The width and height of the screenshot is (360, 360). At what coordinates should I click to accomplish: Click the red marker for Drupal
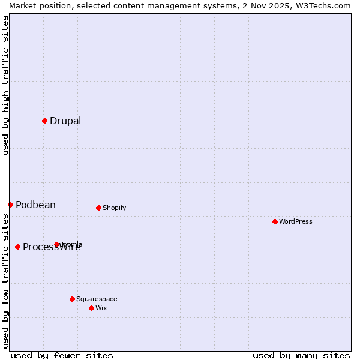point(44,121)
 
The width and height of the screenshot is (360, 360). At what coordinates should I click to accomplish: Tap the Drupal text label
point(65,121)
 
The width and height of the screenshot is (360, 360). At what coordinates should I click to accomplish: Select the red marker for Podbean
point(10,205)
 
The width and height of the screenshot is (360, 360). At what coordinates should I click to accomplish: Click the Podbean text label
point(35,205)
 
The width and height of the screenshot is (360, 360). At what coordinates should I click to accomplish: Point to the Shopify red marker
point(98,208)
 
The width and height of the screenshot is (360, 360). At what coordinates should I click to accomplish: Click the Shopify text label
point(114,208)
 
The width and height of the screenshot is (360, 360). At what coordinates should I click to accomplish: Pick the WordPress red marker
point(275,221)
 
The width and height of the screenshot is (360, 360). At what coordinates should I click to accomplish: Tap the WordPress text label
point(295,222)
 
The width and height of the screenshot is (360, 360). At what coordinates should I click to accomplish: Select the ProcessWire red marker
point(17,247)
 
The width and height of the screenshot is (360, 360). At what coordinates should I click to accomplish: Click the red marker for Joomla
point(57,244)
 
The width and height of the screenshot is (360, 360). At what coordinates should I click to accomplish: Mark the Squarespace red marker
point(72,299)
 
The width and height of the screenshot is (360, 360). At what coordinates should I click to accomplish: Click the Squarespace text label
point(97,299)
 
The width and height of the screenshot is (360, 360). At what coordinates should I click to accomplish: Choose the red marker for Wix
point(91,308)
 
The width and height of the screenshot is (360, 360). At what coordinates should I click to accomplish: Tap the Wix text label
point(101,308)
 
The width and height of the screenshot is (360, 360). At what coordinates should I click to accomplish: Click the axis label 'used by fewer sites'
point(62,355)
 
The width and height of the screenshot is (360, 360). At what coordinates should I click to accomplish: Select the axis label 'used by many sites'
point(301,355)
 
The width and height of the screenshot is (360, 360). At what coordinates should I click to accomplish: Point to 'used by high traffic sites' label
point(5,85)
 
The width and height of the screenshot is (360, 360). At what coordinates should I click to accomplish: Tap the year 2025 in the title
point(269,5)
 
